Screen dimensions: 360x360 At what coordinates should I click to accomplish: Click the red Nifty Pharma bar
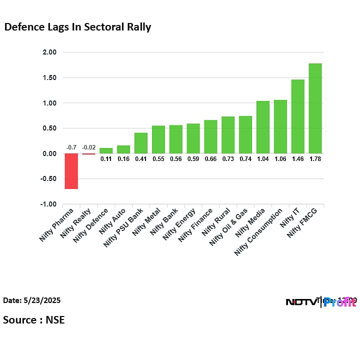[x=71, y=171]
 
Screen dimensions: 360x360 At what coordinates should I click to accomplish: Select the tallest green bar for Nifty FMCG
[x=315, y=108]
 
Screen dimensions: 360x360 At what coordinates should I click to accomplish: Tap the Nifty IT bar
[x=297, y=116]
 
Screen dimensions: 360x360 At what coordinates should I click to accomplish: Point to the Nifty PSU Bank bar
[x=140, y=143]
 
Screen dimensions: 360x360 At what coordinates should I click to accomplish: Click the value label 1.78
[x=315, y=159]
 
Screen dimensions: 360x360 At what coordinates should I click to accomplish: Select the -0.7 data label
[x=71, y=147]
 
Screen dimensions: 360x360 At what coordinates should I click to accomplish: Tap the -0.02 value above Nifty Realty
[x=88, y=147]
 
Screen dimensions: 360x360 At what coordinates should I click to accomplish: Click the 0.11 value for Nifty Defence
[x=106, y=159]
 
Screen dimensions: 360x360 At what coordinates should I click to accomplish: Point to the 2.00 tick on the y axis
[x=49, y=52]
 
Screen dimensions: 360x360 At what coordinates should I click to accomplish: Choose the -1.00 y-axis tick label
[x=48, y=204]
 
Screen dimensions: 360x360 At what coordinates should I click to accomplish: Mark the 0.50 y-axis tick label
[x=49, y=128]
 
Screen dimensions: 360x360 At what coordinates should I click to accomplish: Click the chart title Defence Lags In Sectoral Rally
[x=77, y=27]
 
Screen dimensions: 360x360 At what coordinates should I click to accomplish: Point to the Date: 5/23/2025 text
[x=32, y=300]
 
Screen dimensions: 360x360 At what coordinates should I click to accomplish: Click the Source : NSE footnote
[x=34, y=319]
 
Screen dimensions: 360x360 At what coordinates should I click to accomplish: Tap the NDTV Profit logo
[x=320, y=301]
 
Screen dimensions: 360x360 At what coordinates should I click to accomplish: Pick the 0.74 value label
[x=245, y=159]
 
